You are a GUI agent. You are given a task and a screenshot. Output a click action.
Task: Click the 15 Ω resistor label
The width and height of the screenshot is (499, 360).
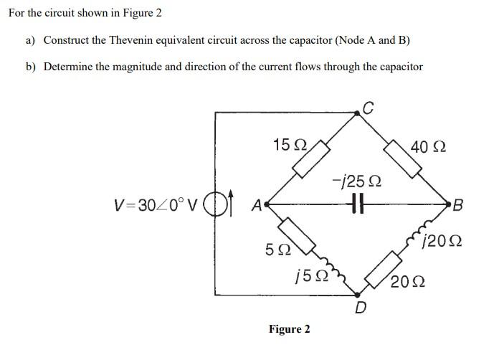(x=290, y=144)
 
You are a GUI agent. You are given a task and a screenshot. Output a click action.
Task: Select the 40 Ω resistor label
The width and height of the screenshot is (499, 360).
(x=428, y=148)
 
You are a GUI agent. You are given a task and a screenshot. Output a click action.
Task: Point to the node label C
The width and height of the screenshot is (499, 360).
(x=368, y=108)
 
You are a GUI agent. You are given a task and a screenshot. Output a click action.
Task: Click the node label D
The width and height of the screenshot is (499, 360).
(x=361, y=309)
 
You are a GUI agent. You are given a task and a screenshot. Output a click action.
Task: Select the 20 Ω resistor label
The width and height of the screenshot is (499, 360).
(x=408, y=282)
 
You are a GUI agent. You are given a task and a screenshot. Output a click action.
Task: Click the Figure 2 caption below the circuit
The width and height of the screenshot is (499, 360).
(x=289, y=329)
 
